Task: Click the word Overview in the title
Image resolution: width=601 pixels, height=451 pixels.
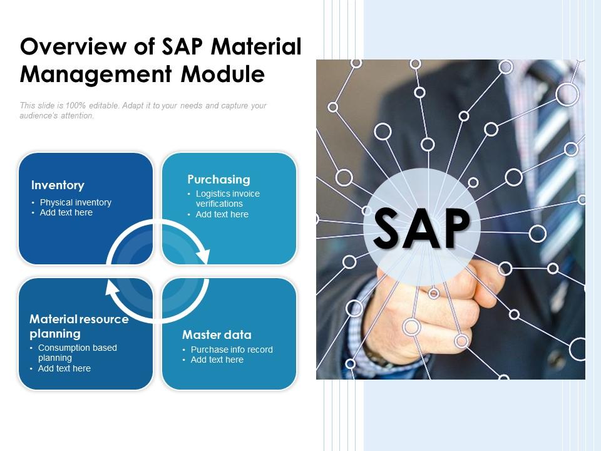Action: click(73, 47)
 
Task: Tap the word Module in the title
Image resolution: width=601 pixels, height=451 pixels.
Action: click(223, 74)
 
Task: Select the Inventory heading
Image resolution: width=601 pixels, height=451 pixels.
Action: click(58, 185)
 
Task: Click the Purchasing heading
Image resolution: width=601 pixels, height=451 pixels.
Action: click(219, 180)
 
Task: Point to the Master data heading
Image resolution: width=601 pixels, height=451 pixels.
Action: click(217, 334)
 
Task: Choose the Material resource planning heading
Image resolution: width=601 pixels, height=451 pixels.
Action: click(79, 326)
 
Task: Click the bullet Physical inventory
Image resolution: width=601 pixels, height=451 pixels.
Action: click(76, 202)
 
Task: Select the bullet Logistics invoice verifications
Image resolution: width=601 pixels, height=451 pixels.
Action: click(228, 199)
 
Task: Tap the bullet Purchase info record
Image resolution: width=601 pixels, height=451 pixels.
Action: click(232, 350)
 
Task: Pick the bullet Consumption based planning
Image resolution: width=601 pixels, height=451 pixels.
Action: click(78, 353)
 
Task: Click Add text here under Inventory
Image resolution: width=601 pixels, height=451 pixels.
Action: click(66, 212)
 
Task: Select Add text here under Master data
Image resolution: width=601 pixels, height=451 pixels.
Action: click(217, 360)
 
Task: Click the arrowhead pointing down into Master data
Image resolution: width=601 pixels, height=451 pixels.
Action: click(202, 256)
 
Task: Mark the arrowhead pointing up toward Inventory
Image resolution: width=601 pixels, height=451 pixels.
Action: click(112, 288)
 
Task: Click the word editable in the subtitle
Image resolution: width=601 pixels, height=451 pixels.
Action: click(104, 105)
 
